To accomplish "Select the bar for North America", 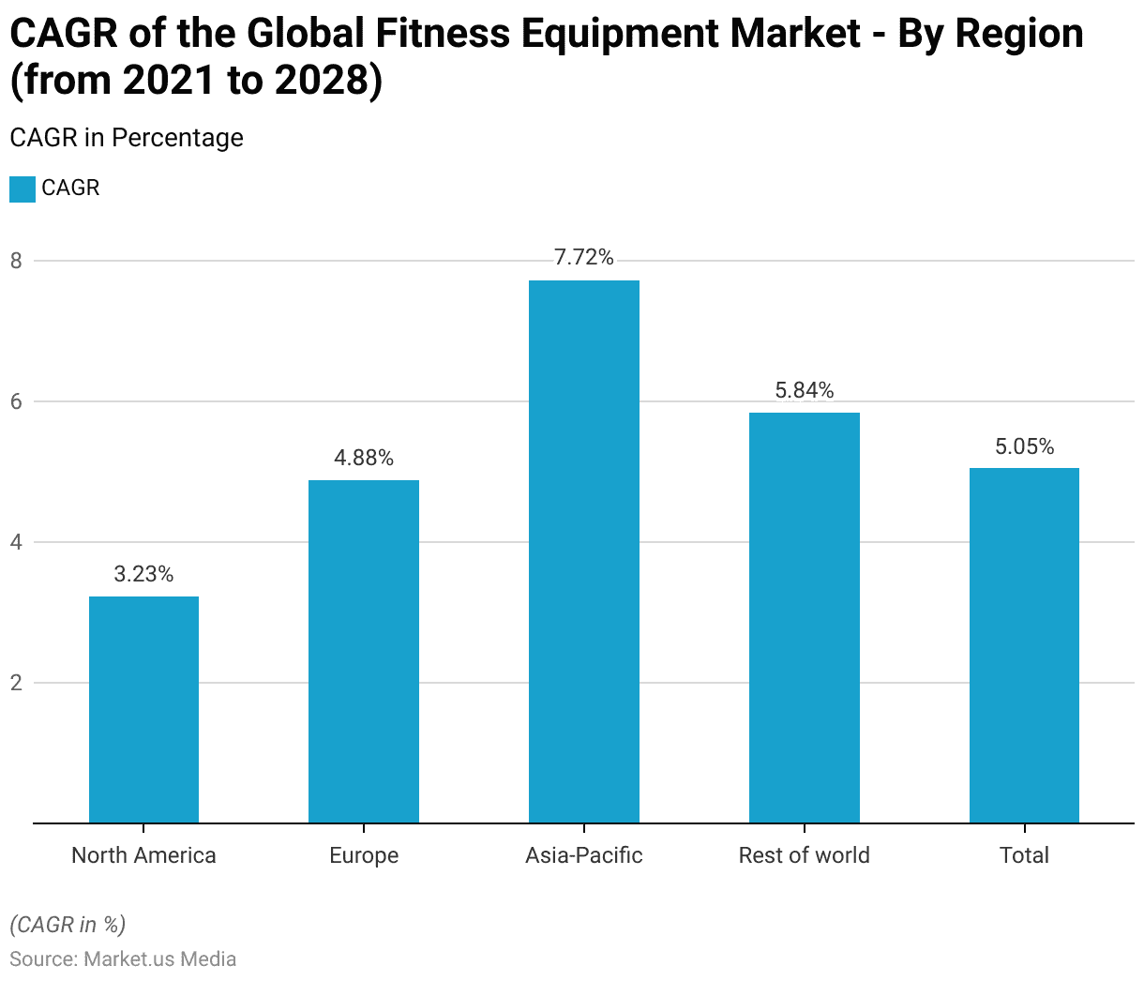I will pos(143,709).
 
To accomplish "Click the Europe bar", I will pos(364,651).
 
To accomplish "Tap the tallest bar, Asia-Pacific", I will pos(584,551).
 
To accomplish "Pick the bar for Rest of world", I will pos(805,617).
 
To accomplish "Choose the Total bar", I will pos(1024,645).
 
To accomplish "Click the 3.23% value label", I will pos(143,574).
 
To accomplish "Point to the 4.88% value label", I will pos(364,458).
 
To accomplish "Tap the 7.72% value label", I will pos(584,258).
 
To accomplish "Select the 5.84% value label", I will pos(805,390).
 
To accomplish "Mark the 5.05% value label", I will pos(1024,446).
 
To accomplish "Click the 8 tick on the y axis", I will pos(16,261).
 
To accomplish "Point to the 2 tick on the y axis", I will pos(16,683).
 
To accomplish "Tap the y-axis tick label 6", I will pos(16,401).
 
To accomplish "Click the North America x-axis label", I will pos(143,855).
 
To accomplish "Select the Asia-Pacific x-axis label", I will pos(584,855).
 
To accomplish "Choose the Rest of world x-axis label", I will pos(805,855).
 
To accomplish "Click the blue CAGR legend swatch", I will pos(22,189).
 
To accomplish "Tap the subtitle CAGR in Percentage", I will pos(127,138).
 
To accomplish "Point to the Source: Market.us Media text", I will pos(123,959).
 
